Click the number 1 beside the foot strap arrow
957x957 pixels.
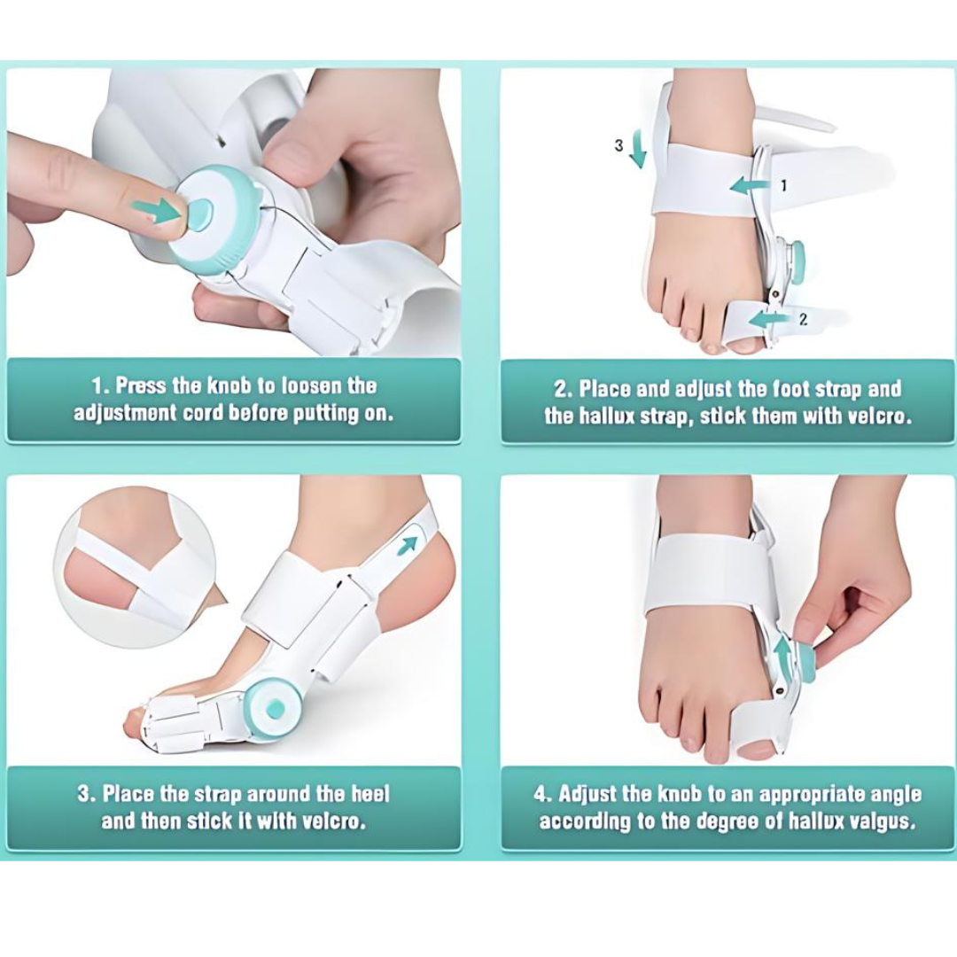782,185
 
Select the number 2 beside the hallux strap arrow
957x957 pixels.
803,319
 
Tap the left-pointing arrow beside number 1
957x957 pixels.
750,185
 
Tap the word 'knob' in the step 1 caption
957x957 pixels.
230,386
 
